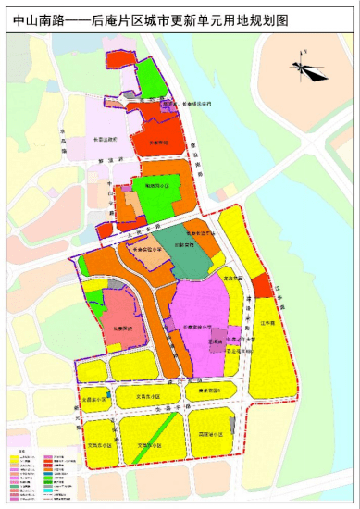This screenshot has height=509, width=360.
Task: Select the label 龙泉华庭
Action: pyautogui.click(x=231, y=277)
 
